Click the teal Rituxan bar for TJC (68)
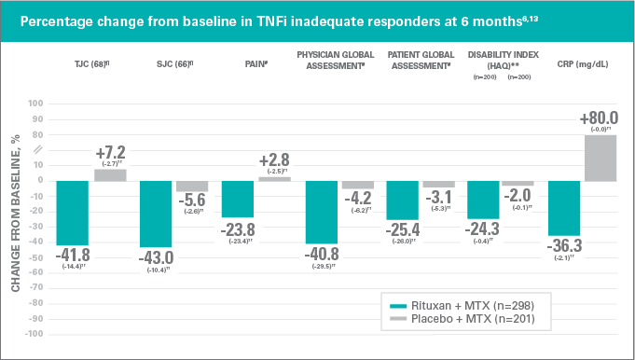[73, 212]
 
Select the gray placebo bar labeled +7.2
[111, 174]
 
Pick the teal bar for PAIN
[238, 198]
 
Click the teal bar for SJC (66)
[155, 214]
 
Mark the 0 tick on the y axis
[40, 180]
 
